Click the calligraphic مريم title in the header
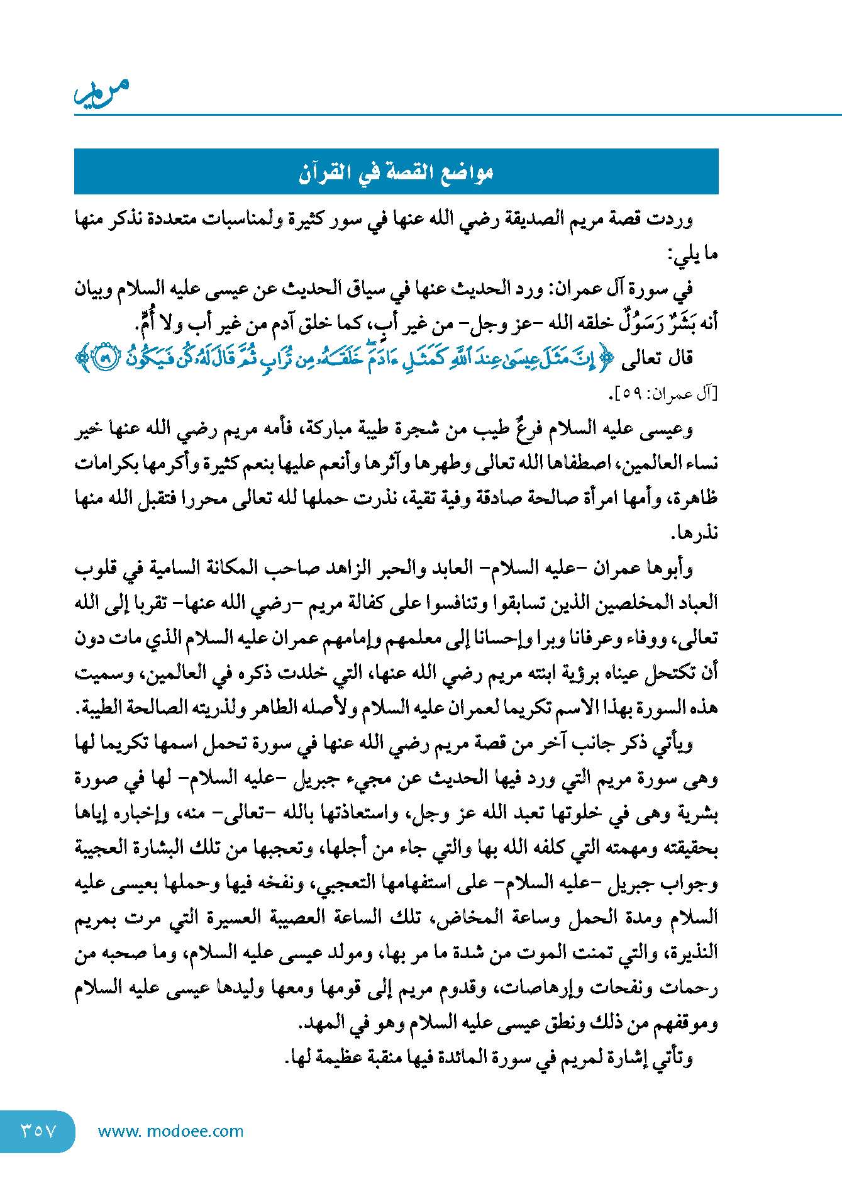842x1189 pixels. (102, 92)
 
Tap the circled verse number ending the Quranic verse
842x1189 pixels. (106, 359)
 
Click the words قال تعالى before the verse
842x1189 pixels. (656, 359)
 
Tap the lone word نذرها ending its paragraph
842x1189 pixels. (694, 533)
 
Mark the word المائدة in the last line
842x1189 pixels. (459, 1058)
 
